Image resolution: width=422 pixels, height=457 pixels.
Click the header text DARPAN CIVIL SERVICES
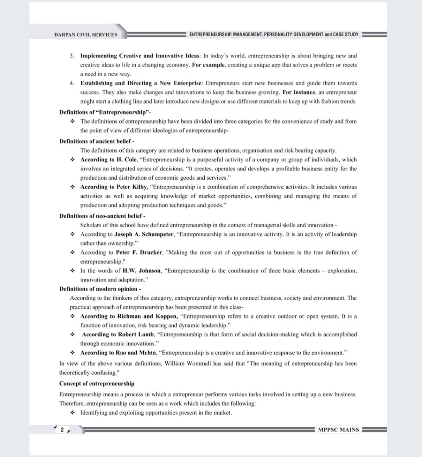[86, 35]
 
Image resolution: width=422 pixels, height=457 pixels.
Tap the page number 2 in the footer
[62, 430]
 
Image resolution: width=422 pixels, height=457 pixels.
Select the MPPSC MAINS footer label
[338, 430]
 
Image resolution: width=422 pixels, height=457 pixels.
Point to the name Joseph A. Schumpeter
[144, 234]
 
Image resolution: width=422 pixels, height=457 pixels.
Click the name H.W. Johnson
[141, 271]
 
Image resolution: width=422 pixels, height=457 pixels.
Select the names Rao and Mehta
[136, 353]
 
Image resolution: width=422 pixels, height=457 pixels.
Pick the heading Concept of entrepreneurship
[97, 383]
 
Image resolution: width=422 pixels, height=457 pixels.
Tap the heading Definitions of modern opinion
[98, 289]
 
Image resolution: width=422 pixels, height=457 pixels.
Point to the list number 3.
[72, 56]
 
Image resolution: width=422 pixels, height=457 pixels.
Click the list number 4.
[72, 84]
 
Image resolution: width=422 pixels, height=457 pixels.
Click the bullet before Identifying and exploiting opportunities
[72, 413]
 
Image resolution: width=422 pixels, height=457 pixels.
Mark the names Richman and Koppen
[147, 316]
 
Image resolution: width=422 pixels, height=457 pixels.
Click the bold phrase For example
[209, 65]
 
